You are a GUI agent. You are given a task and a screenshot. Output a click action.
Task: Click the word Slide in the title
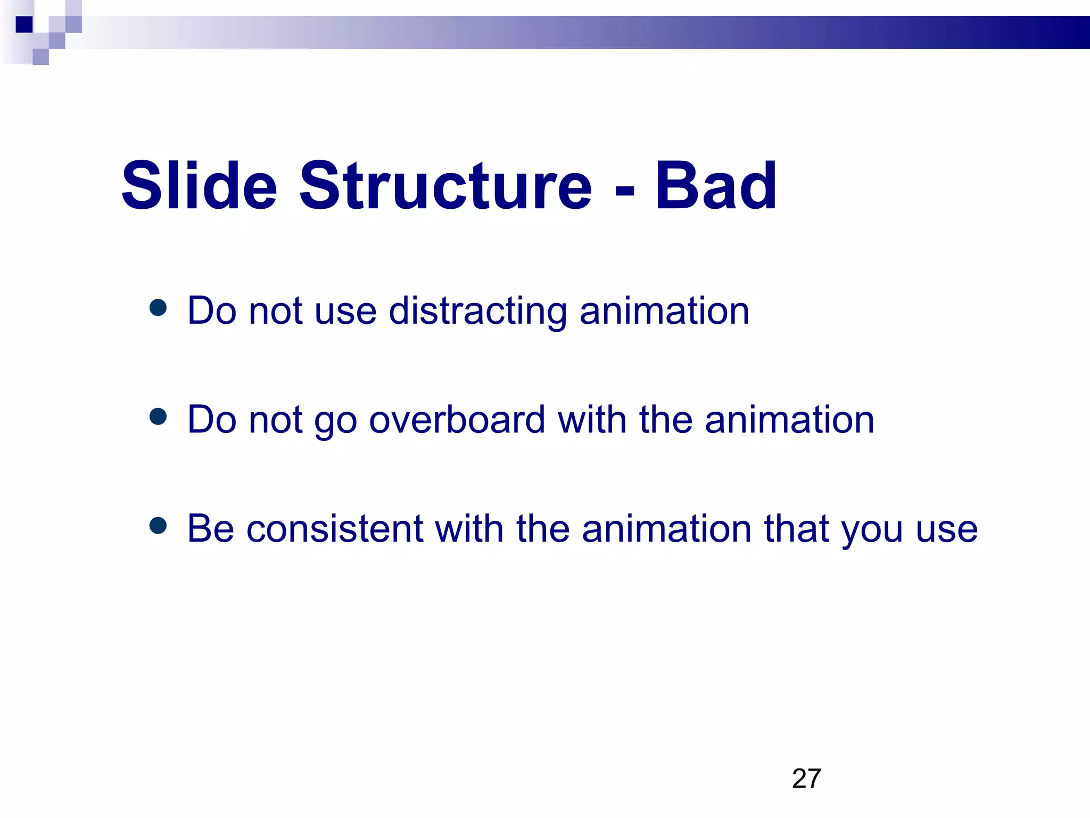click(x=199, y=186)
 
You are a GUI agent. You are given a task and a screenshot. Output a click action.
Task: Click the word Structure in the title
click(x=445, y=186)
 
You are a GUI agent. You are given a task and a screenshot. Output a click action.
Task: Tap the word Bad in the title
click(x=715, y=186)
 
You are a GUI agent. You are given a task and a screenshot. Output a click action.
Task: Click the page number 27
click(x=806, y=779)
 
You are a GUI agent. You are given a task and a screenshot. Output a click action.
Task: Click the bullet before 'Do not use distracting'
click(x=158, y=307)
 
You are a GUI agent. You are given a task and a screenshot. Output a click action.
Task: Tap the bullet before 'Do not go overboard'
click(x=158, y=416)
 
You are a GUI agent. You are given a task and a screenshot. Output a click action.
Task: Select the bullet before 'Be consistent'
click(x=158, y=526)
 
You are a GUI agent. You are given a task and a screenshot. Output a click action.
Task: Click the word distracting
click(x=477, y=311)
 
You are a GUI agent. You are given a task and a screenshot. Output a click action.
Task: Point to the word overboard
click(x=457, y=420)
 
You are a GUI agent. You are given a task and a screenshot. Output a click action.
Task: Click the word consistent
click(x=334, y=529)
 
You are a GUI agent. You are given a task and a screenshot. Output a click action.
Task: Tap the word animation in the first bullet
click(x=664, y=311)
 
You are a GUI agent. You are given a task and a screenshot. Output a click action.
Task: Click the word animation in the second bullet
click(x=789, y=420)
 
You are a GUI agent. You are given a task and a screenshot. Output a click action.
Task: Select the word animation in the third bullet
click(x=667, y=529)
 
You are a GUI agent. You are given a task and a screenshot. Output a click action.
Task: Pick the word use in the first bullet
click(x=345, y=312)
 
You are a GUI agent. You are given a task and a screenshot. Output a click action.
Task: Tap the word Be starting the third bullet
click(x=210, y=529)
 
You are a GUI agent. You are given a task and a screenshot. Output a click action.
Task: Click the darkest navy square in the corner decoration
click(x=24, y=24)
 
